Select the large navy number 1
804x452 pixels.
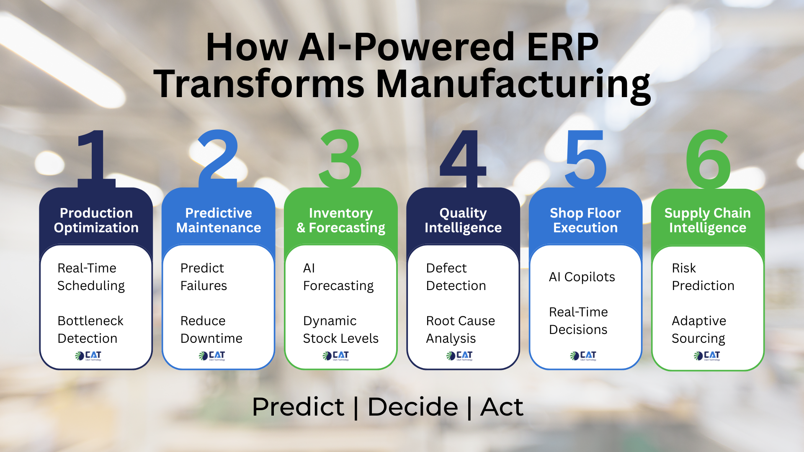click(96, 159)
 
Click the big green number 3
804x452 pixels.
click(340, 159)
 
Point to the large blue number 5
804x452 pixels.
click(585, 159)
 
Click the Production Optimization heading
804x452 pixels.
click(96, 220)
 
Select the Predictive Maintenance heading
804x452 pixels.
click(218, 220)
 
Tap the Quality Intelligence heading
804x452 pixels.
click(463, 220)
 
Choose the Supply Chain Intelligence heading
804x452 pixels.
click(707, 220)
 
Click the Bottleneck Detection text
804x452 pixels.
click(90, 329)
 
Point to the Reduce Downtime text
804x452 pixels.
click(211, 329)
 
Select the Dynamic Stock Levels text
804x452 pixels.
click(340, 329)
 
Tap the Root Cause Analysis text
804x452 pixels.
click(460, 329)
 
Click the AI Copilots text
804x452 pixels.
click(582, 277)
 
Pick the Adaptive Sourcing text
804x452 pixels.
click(698, 329)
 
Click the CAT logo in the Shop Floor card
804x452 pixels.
click(583, 356)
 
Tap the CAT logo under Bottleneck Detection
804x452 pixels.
click(88, 356)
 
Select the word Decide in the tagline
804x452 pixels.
click(412, 407)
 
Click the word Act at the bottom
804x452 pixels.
click(501, 407)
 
